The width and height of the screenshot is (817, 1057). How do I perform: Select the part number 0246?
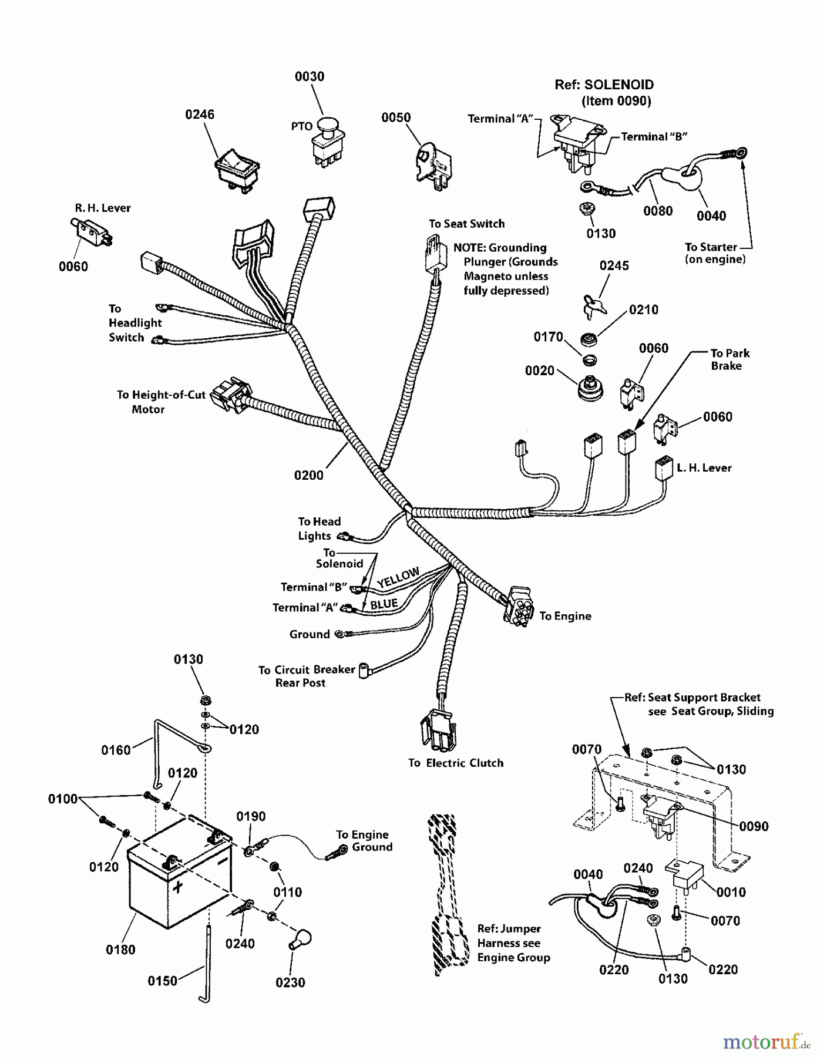200,115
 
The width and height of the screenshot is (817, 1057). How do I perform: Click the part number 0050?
396,117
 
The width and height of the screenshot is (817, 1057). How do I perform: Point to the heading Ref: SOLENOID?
604,85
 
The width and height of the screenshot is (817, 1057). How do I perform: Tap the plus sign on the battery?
177,886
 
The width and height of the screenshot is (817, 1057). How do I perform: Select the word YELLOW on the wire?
399,577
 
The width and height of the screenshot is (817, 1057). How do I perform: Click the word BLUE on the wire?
384,604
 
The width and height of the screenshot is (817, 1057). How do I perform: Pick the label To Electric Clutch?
456,763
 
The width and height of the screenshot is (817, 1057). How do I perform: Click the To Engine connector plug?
518,605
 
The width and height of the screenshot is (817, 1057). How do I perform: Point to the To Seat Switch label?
466,224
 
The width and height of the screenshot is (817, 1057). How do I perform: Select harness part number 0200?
308,475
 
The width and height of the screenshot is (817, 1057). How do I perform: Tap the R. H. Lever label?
103,208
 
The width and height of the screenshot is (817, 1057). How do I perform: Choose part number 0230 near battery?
290,982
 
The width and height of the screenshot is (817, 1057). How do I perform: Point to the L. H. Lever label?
704,468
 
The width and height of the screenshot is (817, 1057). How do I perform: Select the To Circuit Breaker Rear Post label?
307,676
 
